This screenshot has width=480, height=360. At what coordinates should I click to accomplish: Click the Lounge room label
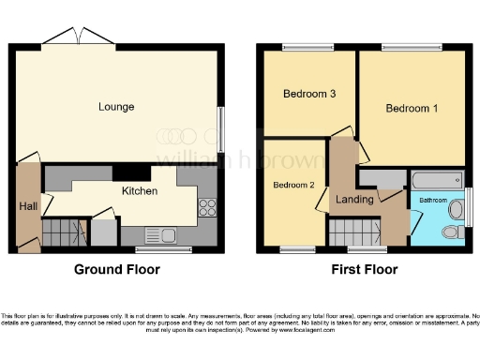pyautogui.click(x=116, y=107)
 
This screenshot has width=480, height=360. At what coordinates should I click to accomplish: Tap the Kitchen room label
pyautogui.click(x=139, y=191)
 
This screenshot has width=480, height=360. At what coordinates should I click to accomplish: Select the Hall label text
pyautogui.click(x=27, y=205)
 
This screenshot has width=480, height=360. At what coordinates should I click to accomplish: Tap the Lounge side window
pyautogui.click(x=221, y=127)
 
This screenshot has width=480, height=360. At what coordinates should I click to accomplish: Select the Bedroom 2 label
pyautogui.click(x=293, y=185)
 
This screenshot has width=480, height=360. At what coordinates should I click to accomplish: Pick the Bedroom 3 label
pyautogui.click(x=308, y=94)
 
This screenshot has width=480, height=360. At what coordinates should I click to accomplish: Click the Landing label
pyautogui.click(x=356, y=200)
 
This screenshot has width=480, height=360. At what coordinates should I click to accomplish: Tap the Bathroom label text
pyautogui.click(x=433, y=200)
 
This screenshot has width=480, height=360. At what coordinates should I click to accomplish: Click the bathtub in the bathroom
pyautogui.click(x=435, y=179)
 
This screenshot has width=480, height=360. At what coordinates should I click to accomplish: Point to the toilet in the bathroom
pyautogui.click(x=450, y=232)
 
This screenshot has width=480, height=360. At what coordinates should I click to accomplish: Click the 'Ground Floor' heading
pyautogui.click(x=117, y=270)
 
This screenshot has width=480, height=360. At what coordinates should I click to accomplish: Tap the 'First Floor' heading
pyautogui.click(x=365, y=270)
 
